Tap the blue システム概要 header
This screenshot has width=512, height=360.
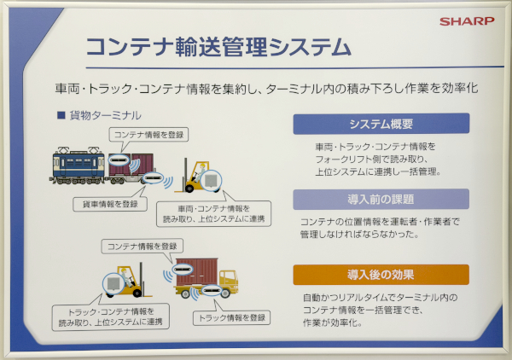point(381,123)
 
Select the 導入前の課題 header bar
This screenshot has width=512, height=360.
point(381,199)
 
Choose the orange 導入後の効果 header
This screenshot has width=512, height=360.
point(381,275)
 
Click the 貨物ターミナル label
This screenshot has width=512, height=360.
point(105,113)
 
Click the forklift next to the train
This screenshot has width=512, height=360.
point(201,177)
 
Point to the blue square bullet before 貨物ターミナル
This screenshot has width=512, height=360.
point(61,113)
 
